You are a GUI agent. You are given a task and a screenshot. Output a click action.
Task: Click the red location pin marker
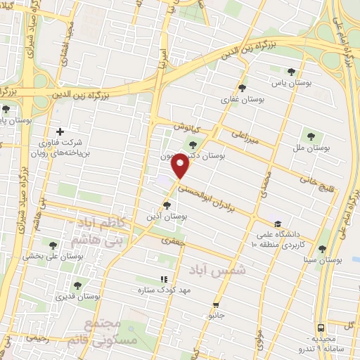click(181, 167)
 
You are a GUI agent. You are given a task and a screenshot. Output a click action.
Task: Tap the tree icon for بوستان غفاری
click(243, 88)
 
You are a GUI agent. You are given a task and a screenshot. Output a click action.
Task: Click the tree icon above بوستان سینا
click(322, 249)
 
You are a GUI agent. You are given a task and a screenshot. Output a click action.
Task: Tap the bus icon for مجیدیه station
click(321, 328)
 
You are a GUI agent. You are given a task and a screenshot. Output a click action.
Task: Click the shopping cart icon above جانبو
click(215, 305)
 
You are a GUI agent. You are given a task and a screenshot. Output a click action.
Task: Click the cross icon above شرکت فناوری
click(60, 131)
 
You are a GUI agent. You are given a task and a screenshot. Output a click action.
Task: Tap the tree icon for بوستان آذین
click(166, 205)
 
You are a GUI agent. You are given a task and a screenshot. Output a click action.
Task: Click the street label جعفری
click(171, 240)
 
